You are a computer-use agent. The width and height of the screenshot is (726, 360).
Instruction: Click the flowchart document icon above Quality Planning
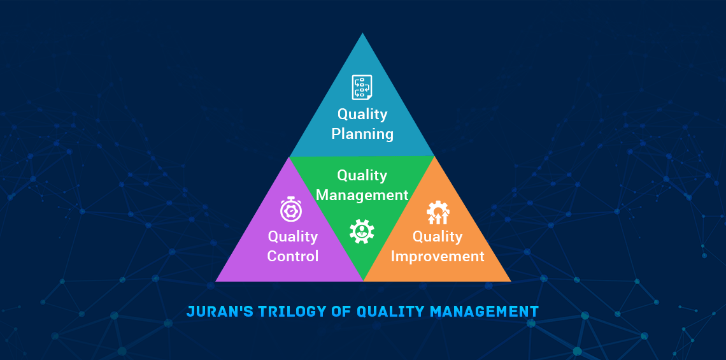click(362, 87)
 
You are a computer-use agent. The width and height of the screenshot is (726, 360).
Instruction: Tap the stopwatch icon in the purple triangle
click(291, 210)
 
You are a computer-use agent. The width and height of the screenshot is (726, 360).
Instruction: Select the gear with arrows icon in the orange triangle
click(438, 213)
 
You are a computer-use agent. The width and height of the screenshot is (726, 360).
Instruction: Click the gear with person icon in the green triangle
click(362, 231)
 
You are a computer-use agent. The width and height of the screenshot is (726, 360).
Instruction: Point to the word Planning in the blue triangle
click(362, 134)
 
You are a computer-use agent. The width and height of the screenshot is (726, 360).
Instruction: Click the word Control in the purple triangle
click(293, 256)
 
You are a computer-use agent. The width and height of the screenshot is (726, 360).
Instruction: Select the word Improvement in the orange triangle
click(438, 256)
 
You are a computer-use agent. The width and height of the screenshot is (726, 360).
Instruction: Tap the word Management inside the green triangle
click(362, 195)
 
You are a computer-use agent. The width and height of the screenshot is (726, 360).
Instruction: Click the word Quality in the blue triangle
click(362, 114)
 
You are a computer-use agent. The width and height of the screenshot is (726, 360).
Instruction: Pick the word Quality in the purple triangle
click(293, 236)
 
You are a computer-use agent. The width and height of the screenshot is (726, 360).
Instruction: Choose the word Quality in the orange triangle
click(438, 236)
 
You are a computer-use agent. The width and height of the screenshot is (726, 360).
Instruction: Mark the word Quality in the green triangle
click(362, 175)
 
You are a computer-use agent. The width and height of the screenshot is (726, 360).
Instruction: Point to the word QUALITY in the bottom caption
click(390, 312)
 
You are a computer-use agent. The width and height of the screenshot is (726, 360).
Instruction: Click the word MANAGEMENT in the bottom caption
click(484, 312)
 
